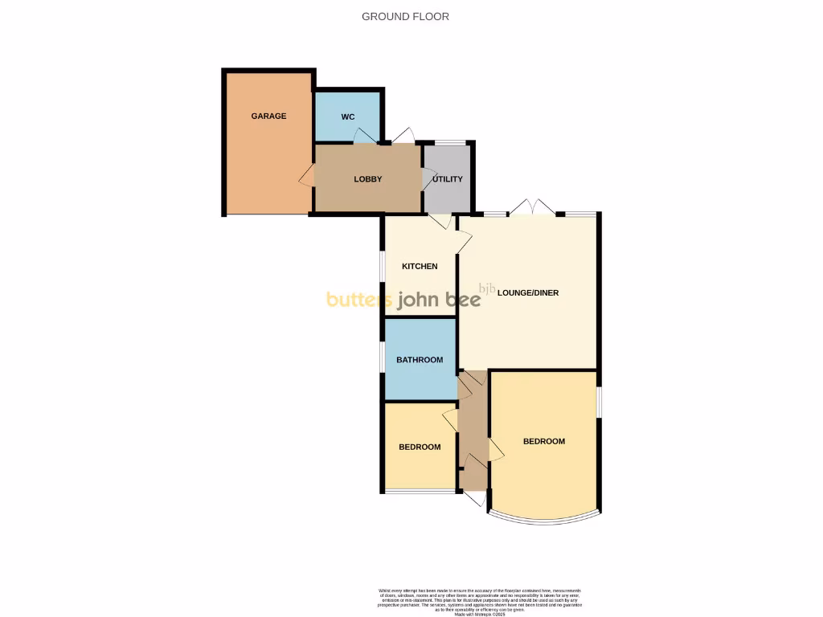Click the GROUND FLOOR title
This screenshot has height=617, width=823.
[x=405, y=16]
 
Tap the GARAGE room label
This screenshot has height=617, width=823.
[x=268, y=116]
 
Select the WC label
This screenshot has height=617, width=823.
[x=348, y=117]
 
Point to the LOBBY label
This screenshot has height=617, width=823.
[x=368, y=179]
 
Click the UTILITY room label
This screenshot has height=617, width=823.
[x=448, y=179]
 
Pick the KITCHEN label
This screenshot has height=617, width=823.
[x=420, y=267]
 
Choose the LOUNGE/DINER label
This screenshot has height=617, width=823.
[x=528, y=293]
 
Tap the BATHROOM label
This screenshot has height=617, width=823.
[x=420, y=360]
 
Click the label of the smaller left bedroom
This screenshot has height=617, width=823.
[x=420, y=447]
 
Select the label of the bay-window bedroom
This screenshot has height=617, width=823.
[x=544, y=442]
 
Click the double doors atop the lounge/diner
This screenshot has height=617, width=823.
[x=533, y=207]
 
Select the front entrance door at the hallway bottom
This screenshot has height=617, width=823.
[x=475, y=498]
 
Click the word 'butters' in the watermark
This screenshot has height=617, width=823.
[x=358, y=300]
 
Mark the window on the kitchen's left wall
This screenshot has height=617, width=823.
[x=383, y=267]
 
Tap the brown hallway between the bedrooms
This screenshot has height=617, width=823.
[x=474, y=434]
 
